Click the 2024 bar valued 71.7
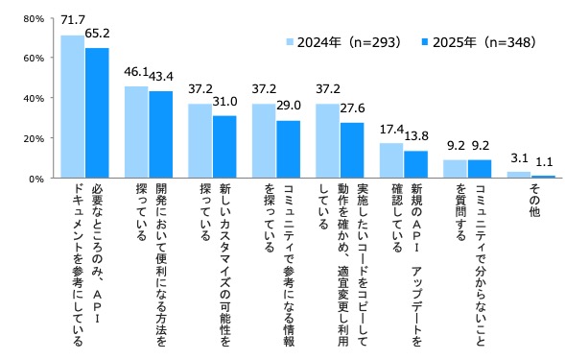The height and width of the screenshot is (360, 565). [72, 107]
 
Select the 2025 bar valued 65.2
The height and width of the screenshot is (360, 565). [97, 112]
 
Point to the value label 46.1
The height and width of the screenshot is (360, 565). [135, 74]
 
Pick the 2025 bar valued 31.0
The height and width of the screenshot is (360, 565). [224, 147]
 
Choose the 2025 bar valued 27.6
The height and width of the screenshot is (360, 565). [351, 151]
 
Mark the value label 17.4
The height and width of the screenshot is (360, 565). [390, 128]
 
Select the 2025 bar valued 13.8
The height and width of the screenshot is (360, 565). [414, 164]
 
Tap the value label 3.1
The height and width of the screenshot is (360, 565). [519, 156]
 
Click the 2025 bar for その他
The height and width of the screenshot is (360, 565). [542, 177]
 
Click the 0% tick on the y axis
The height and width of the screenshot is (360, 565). [34, 179]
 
